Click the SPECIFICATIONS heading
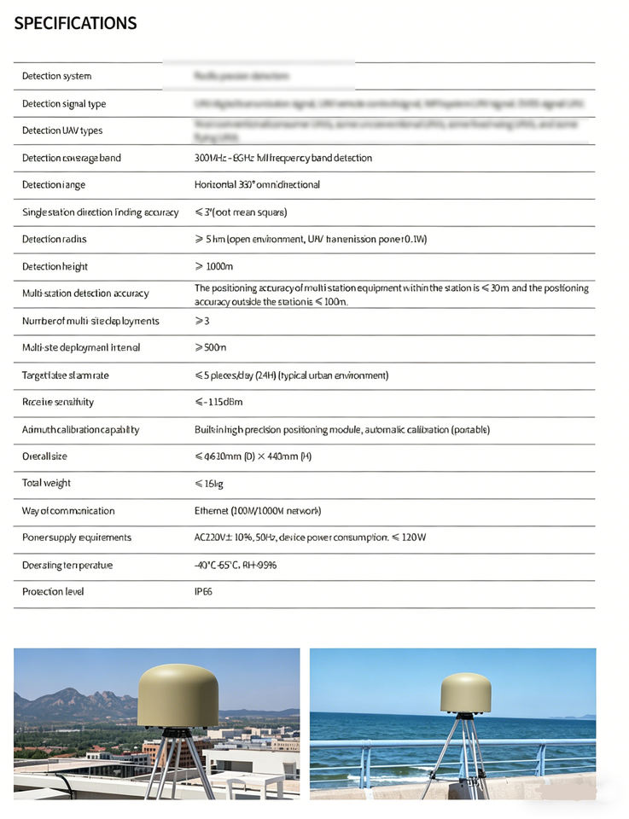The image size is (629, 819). click(75, 23)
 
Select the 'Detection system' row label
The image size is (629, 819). click(56, 76)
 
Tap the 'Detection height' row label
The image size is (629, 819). click(55, 266)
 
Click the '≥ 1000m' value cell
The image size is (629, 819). click(214, 266)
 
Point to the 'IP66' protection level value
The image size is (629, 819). click(203, 591)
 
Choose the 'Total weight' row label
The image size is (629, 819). click(46, 483)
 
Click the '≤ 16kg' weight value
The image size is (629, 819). click(210, 483)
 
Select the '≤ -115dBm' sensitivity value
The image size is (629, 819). click(218, 402)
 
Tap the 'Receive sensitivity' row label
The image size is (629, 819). click(58, 402)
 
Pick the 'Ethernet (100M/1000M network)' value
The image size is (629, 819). click(257, 510)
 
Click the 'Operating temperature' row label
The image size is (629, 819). click(67, 565)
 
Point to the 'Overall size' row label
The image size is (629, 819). click(44, 456)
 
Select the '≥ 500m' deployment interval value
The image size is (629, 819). click(211, 347)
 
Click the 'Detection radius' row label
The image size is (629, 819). click(54, 239)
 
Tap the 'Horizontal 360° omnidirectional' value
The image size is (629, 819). click(257, 184)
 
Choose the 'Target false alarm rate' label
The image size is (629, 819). click(66, 375)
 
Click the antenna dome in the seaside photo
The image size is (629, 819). click(465, 692)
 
